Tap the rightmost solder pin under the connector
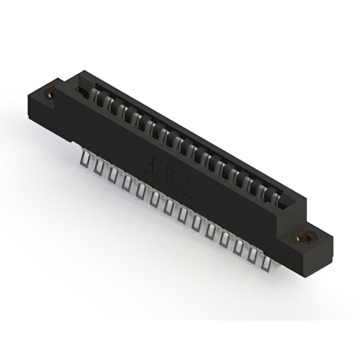pyautogui.click(x=265, y=259)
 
